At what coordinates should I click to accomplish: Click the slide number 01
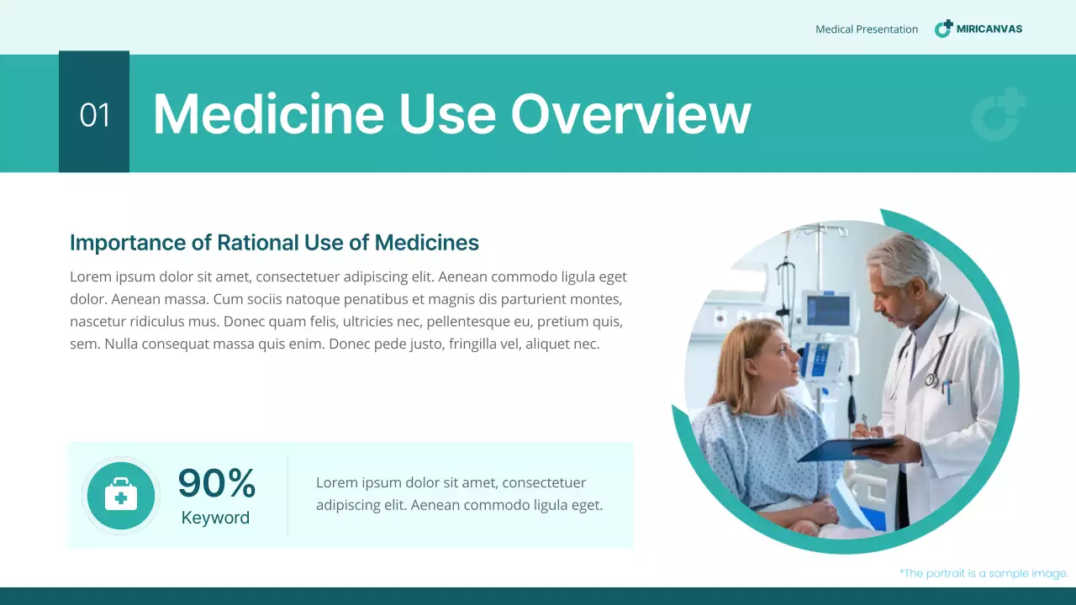click(x=94, y=115)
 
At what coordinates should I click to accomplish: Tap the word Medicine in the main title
click(x=268, y=113)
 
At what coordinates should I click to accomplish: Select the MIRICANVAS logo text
click(x=989, y=29)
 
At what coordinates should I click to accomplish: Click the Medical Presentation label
click(x=867, y=29)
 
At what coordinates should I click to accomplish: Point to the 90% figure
click(x=217, y=483)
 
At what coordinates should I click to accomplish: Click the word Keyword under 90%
click(x=215, y=518)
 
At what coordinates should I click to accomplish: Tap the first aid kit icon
click(x=121, y=496)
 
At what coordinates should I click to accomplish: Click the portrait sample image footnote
click(x=984, y=573)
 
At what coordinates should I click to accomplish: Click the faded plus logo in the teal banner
click(x=1000, y=115)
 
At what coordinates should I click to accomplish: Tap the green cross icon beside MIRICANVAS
click(x=944, y=29)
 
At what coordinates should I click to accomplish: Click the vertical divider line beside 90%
click(x=287, y=496)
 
